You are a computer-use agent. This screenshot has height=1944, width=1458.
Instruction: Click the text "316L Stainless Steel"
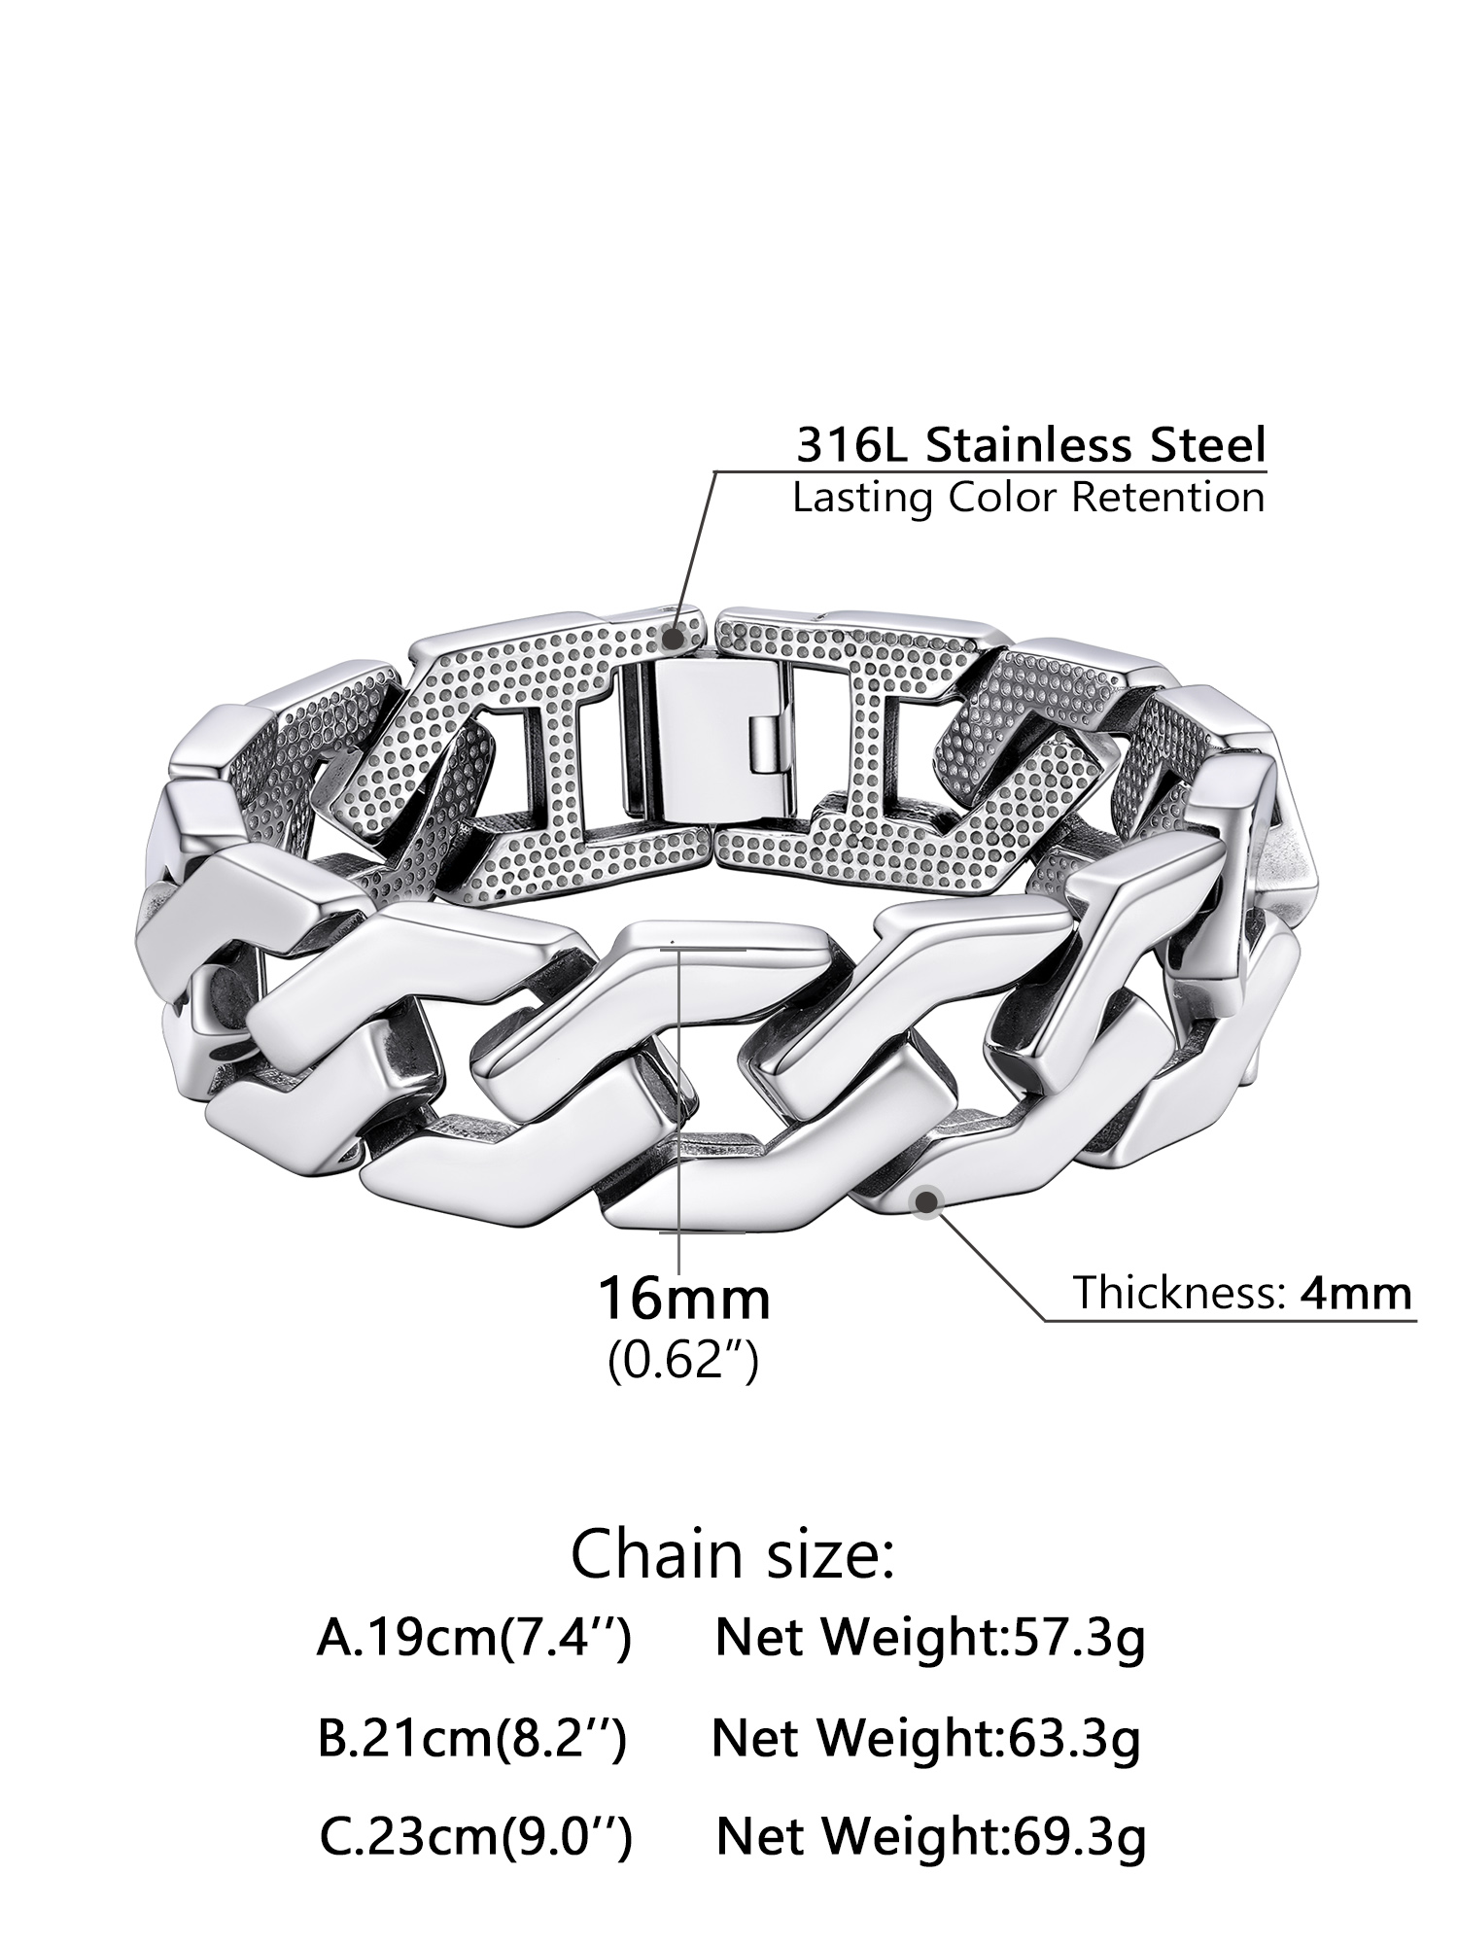pyautogui.click(x=1031, y=445)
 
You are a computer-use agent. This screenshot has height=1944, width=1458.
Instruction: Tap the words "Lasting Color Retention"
pyautogui.click(x=1028, y=498)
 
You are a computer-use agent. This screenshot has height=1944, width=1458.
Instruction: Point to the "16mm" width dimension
pyautogui.click(x=683, y=1299)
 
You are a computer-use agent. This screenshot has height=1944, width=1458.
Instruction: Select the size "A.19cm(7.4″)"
pyautogui.click(x=474, y=1638)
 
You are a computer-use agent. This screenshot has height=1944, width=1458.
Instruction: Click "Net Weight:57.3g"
pyautogui.click(x=930, y=1638)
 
